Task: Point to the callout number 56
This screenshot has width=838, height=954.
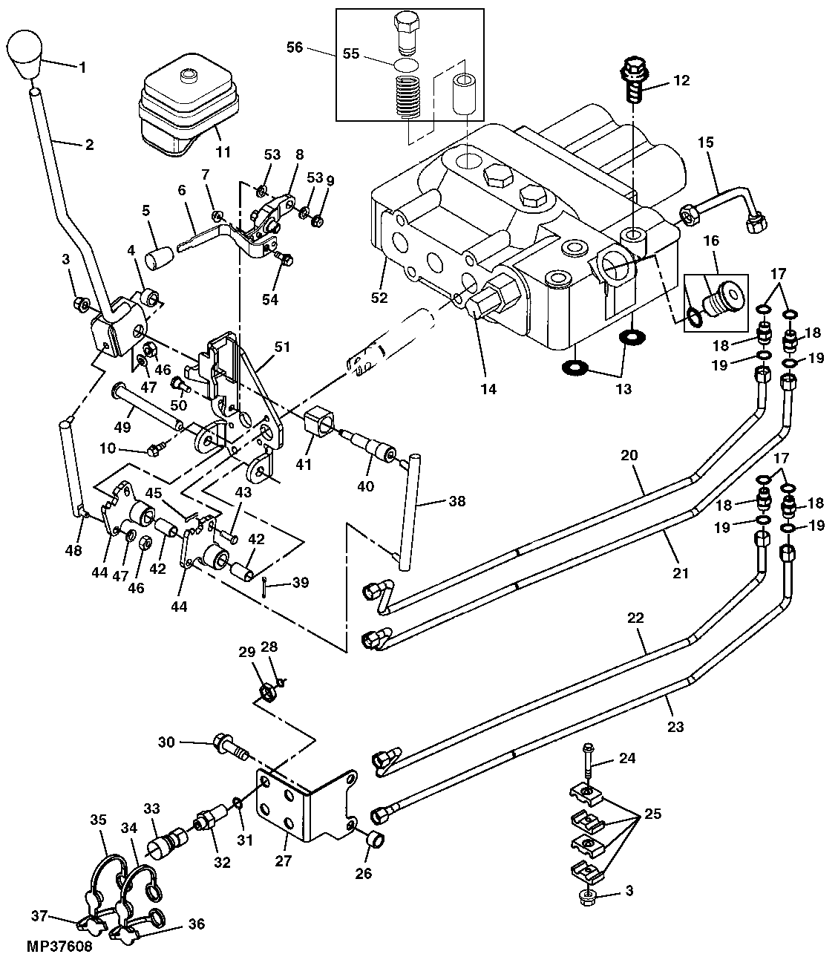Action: coord(295,47)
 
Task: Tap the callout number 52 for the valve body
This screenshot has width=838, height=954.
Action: coord(379,298)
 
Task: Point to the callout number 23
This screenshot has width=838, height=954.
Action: coord(675,728)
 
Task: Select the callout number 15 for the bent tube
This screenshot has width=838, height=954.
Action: coord(705,143)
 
